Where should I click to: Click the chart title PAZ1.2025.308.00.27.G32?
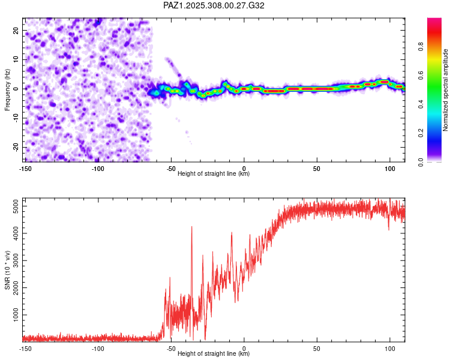(x=214, y=5)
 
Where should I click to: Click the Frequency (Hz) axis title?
(x=7, y=89)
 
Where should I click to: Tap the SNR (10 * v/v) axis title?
(x=7, y=269)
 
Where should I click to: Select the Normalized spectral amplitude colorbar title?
(x=446, y=90)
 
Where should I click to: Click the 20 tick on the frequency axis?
(x=16, y=30)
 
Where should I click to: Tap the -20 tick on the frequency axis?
(x=15, y=147)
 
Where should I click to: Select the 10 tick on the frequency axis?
(x=16, y=59)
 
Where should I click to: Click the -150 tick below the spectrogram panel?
(x=25, y=167)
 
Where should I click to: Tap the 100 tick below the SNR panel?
(x=390, y=348)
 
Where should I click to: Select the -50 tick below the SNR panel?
(x=171, y=348)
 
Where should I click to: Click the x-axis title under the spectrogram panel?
(x=214, y=174)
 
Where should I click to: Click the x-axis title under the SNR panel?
(x=214, y=354)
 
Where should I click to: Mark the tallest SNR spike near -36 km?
(x=191, y=227)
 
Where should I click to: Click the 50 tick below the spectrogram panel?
(x=317, y=167)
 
